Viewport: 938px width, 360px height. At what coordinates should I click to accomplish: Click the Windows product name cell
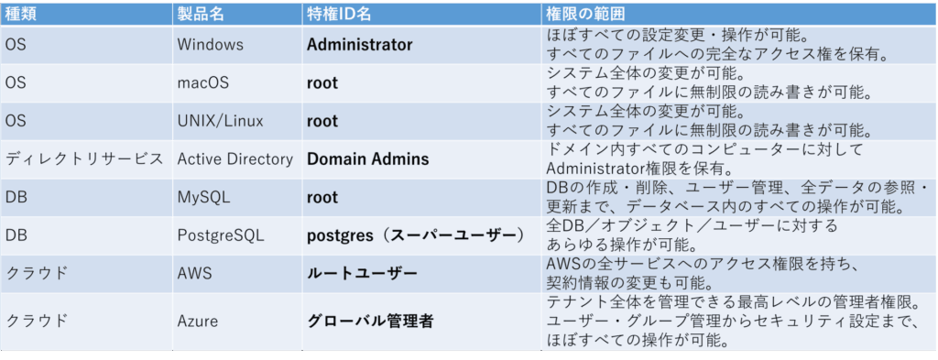tap(211, 44)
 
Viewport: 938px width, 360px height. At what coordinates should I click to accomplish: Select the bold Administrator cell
tap(359, 44)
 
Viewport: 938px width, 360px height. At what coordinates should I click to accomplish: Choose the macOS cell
tap(202, 82)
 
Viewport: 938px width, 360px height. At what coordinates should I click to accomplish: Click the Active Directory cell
tap(235, 159)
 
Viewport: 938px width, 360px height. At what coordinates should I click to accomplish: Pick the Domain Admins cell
tap(367, 159)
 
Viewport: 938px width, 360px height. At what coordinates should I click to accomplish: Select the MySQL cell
tap(203, 197)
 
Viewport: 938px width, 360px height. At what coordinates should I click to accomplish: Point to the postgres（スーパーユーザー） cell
tap(415, 235)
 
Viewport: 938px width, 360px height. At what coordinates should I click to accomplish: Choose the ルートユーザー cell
tap(362, 274)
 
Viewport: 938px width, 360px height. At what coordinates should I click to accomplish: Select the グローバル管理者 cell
tap(369, 321)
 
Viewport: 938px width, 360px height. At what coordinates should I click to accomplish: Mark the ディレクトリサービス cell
tap(85, 159)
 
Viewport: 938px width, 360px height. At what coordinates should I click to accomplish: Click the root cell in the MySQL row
tap(322, 197)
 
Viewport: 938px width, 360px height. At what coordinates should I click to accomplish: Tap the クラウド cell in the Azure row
tap(37, 321)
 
